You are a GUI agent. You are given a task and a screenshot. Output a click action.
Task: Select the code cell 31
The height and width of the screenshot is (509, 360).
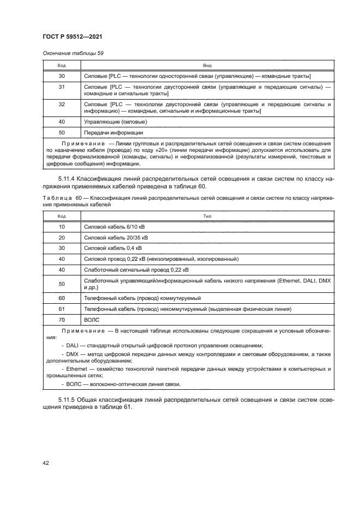62,90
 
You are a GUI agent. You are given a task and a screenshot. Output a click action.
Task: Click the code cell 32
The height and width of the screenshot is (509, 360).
62,107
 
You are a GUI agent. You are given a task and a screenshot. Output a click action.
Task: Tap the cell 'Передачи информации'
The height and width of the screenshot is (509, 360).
113,132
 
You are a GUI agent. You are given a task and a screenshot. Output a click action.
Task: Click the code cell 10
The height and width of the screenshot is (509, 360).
62,226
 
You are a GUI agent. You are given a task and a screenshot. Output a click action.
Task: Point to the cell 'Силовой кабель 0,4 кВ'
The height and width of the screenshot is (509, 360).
113,248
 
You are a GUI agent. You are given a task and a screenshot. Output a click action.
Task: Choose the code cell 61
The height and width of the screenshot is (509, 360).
62,309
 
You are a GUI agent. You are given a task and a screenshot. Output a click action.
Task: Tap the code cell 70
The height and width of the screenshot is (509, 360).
62,320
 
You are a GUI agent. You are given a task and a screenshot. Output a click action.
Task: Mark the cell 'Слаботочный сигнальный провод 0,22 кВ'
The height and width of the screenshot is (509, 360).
136,269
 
